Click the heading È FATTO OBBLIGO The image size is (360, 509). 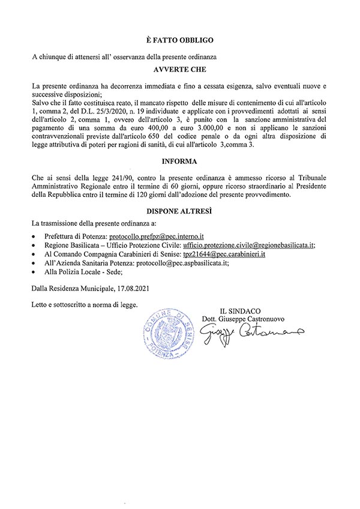pos(179,39)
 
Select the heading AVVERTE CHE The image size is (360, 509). pos(179,68)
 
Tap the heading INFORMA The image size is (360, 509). pos(179,161)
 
